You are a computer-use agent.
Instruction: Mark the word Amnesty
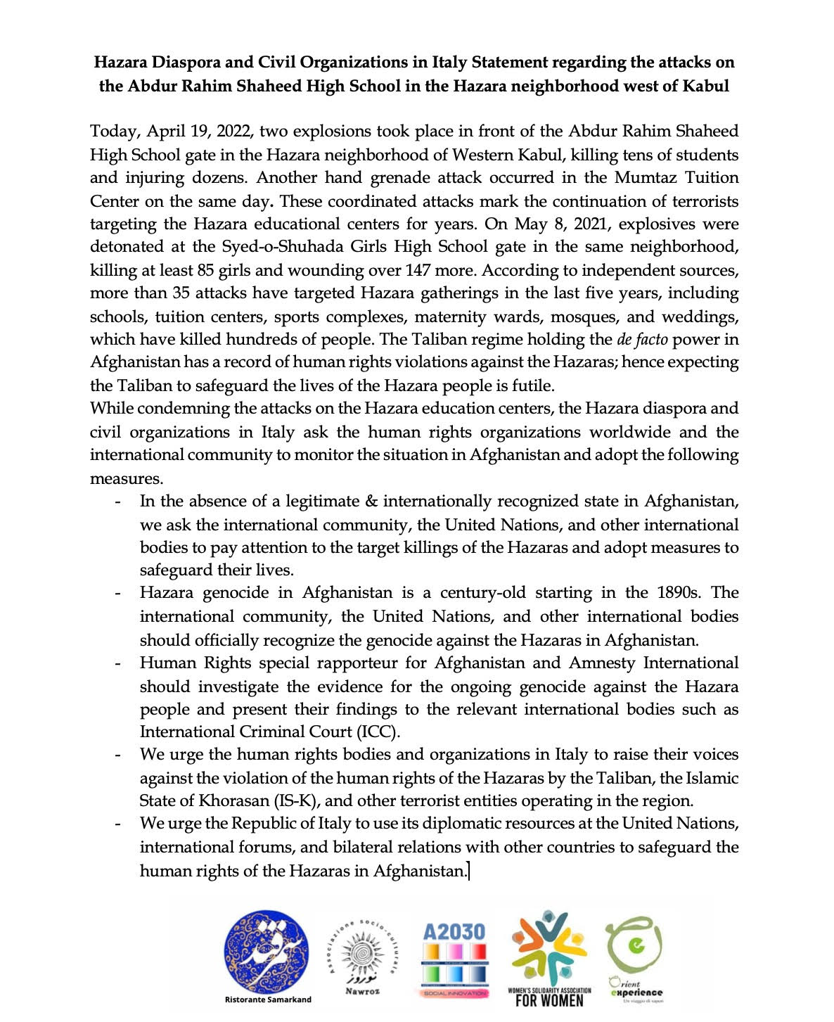tap(603, 663)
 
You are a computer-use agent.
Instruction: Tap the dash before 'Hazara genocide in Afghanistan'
tap(118, 594)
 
